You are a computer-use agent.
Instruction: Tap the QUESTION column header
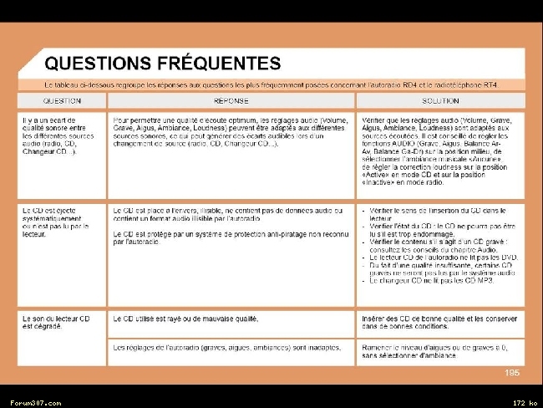coord(63,101)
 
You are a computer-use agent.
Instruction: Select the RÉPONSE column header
coord(231,101)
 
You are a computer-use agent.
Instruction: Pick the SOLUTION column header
coord(440,101)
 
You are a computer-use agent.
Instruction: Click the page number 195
coord(512,373)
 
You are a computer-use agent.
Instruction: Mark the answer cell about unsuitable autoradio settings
coord(197,346)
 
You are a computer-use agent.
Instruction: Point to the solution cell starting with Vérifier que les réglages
coord(440,150)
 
